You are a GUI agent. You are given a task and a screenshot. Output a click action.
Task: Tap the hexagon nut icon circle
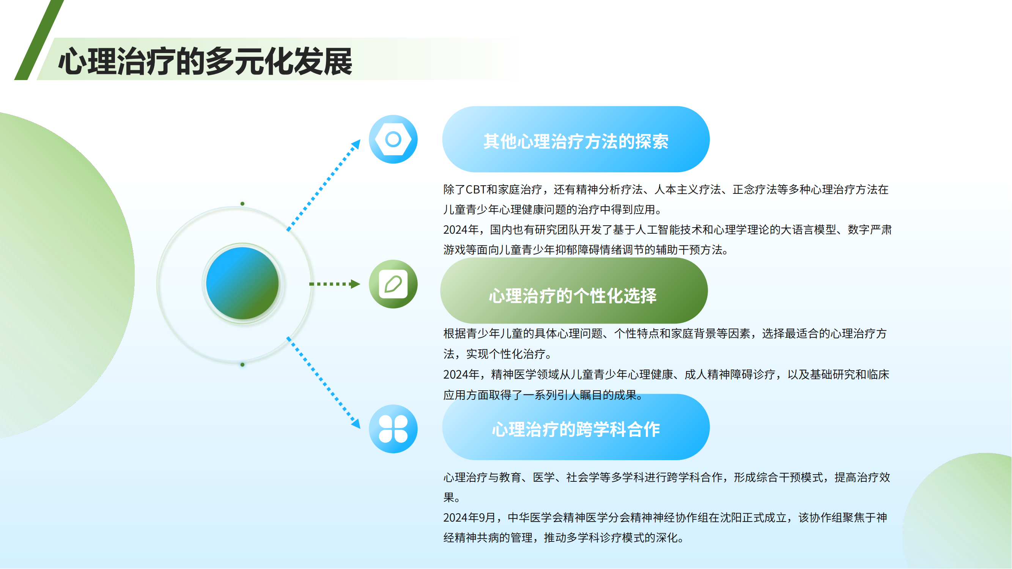pos(393,139)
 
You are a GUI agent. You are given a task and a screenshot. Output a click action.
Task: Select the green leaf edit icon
pos(393,284)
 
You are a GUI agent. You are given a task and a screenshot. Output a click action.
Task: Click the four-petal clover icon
pos(393,429)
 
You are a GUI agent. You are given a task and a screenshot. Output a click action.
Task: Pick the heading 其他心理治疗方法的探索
pos(576,141)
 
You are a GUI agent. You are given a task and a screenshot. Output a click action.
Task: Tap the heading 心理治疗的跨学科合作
pos(576,429)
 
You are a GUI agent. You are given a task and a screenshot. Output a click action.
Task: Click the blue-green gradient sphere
pos(242,283)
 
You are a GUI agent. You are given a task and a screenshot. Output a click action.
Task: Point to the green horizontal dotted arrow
pos(334,283)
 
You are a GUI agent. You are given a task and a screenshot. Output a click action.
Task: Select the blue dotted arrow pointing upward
pos(323,185)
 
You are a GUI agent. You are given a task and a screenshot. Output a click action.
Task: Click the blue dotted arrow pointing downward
pos(323,382)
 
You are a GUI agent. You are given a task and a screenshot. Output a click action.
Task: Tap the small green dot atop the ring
pos(242,203)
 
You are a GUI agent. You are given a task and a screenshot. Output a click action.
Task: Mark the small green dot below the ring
pos(242,365)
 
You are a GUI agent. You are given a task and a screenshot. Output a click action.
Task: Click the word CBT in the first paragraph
pos(476,189)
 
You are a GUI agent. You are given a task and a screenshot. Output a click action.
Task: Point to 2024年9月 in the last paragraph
pos(469,517)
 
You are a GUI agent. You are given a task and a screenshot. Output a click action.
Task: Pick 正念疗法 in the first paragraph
pos(755,189)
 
